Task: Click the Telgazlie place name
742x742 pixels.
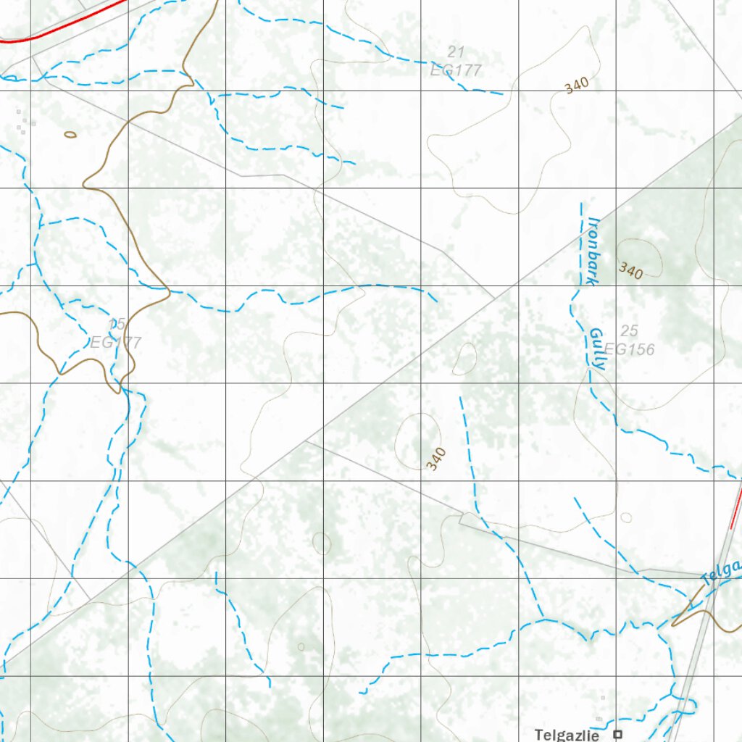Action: (x=567, y=735)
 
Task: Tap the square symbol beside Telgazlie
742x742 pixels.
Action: (x=618, y=734)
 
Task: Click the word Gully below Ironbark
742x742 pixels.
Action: (x=596, y=349)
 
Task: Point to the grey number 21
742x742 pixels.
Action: (x=455, y=51)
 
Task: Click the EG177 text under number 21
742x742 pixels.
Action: (x=456, y=70)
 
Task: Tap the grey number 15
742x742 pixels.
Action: (x=117, y=325)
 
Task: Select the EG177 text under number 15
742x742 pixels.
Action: (x=116, y=342)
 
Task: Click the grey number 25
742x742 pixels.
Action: (x=630, y=331)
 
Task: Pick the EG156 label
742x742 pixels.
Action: (x=629, y=349)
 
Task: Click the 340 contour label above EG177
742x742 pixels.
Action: (x=577, y=85)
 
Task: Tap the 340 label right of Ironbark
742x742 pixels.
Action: (x=630, y=271)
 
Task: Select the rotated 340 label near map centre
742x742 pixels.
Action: (x=436, y=459)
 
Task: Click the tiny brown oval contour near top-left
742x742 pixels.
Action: (x=70, y=134)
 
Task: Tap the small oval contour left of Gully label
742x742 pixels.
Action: (x=464, y=359)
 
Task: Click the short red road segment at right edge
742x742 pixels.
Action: (x=736, y=507)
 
